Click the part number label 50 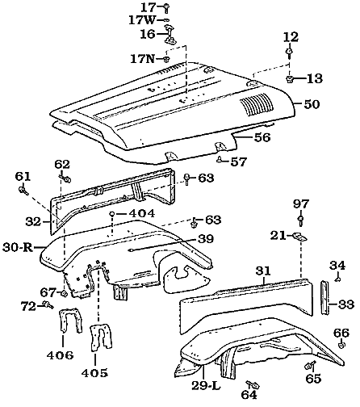[311, 105]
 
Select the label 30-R [17, 247]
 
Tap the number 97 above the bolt [300, 203]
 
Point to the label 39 [205, 239]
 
